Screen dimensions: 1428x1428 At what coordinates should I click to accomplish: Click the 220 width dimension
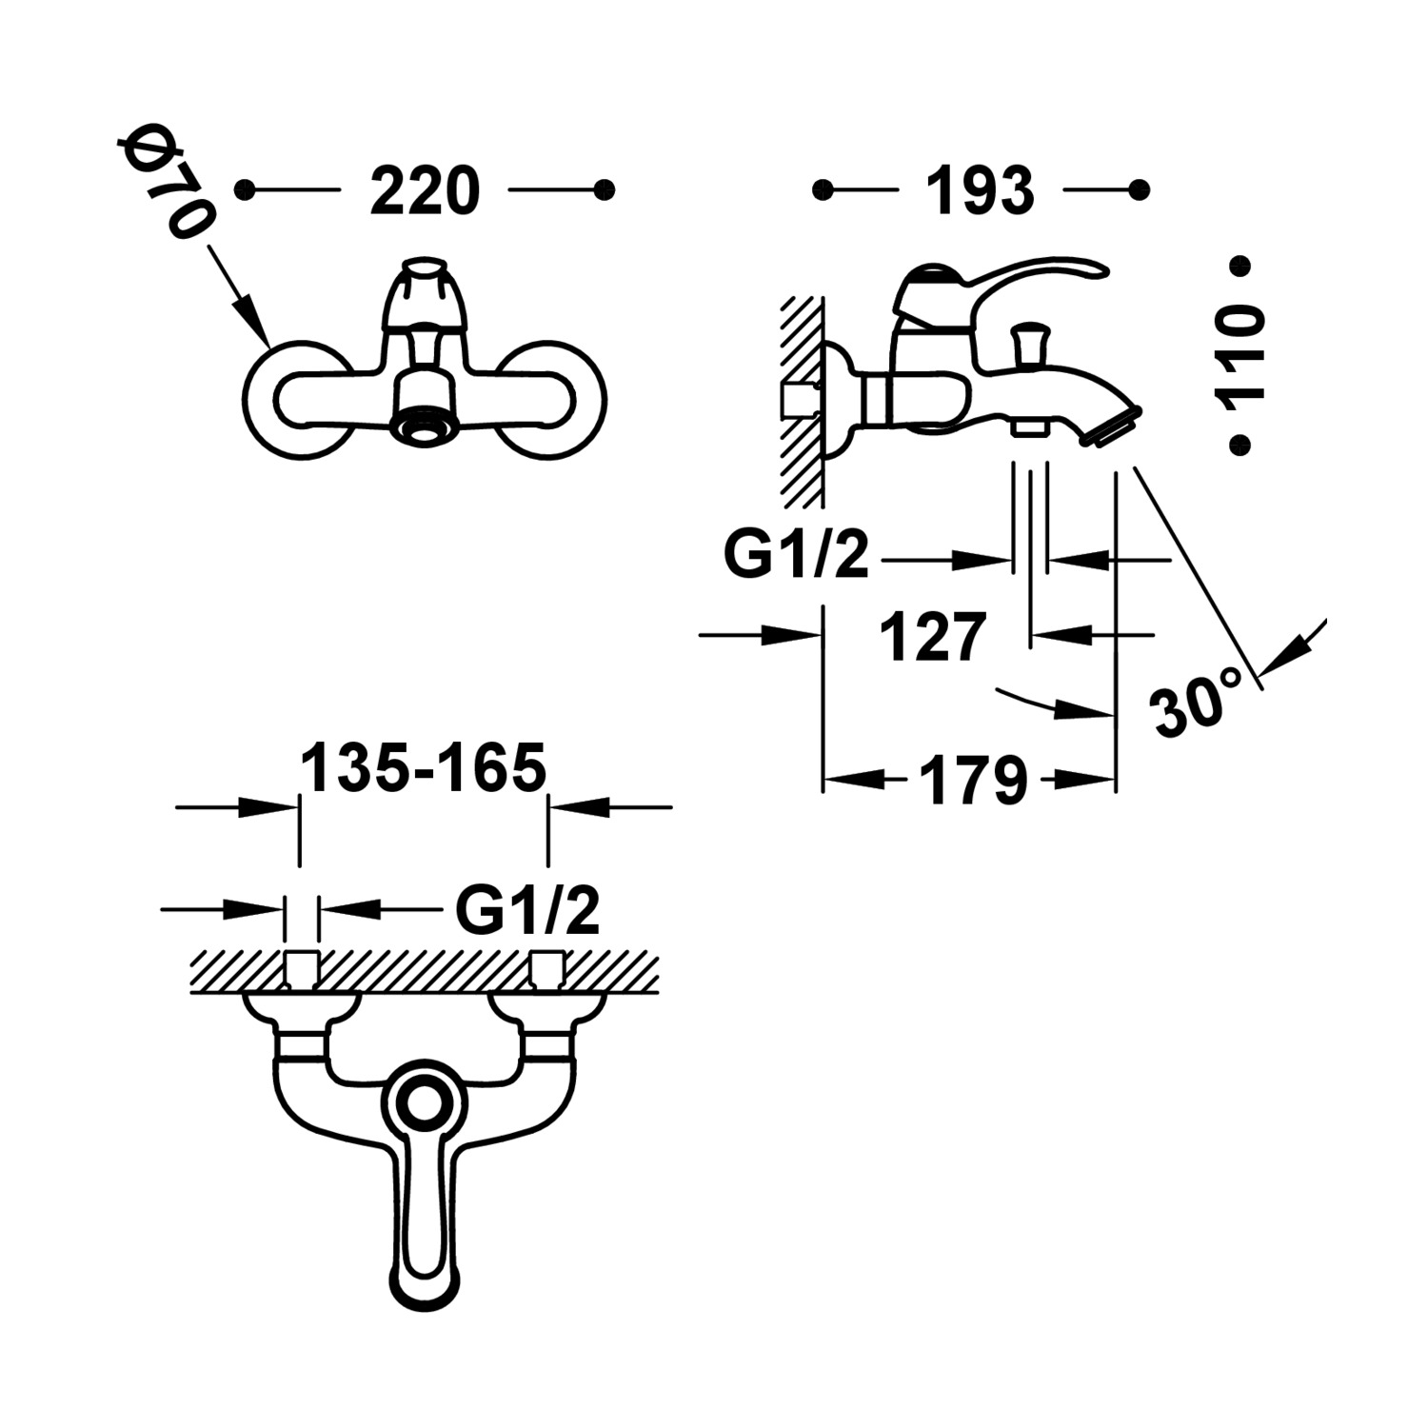tap(425, 191)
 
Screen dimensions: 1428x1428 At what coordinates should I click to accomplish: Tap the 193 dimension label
tap(981, 191)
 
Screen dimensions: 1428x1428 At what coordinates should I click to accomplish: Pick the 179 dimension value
tap(974, 781)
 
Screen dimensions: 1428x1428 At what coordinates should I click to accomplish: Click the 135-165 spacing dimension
tap(424, 767)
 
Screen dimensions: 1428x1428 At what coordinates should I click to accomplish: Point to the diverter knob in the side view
tap(1028, 342)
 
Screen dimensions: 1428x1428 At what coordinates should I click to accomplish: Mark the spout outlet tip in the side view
tap(1110, 425)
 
